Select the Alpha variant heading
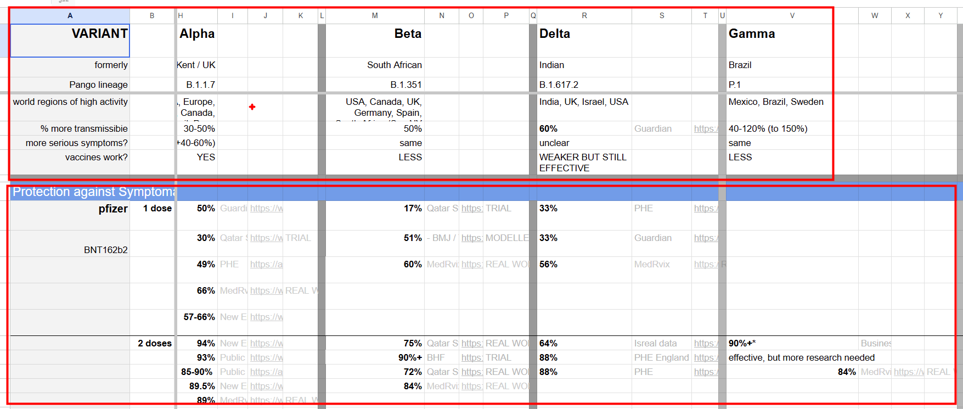point(197,34)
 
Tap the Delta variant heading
point(555,34)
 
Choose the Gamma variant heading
point(752,34)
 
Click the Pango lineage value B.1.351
point(406,85)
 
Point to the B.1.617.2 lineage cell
point(559,85)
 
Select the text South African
point(394,65)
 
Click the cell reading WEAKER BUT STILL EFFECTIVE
point(583,163)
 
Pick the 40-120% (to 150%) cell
point(768,128)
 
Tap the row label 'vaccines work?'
point(96,157)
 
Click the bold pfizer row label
point(113,209)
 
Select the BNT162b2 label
point(105,250)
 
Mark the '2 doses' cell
point(154,343)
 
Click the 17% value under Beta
point(413,209)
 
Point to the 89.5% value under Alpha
point(202,386)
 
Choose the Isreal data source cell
point(655,343)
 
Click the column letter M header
point(375,15)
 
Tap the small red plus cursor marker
point(252,107)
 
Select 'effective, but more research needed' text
point(801,357)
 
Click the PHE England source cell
point(661,357)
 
